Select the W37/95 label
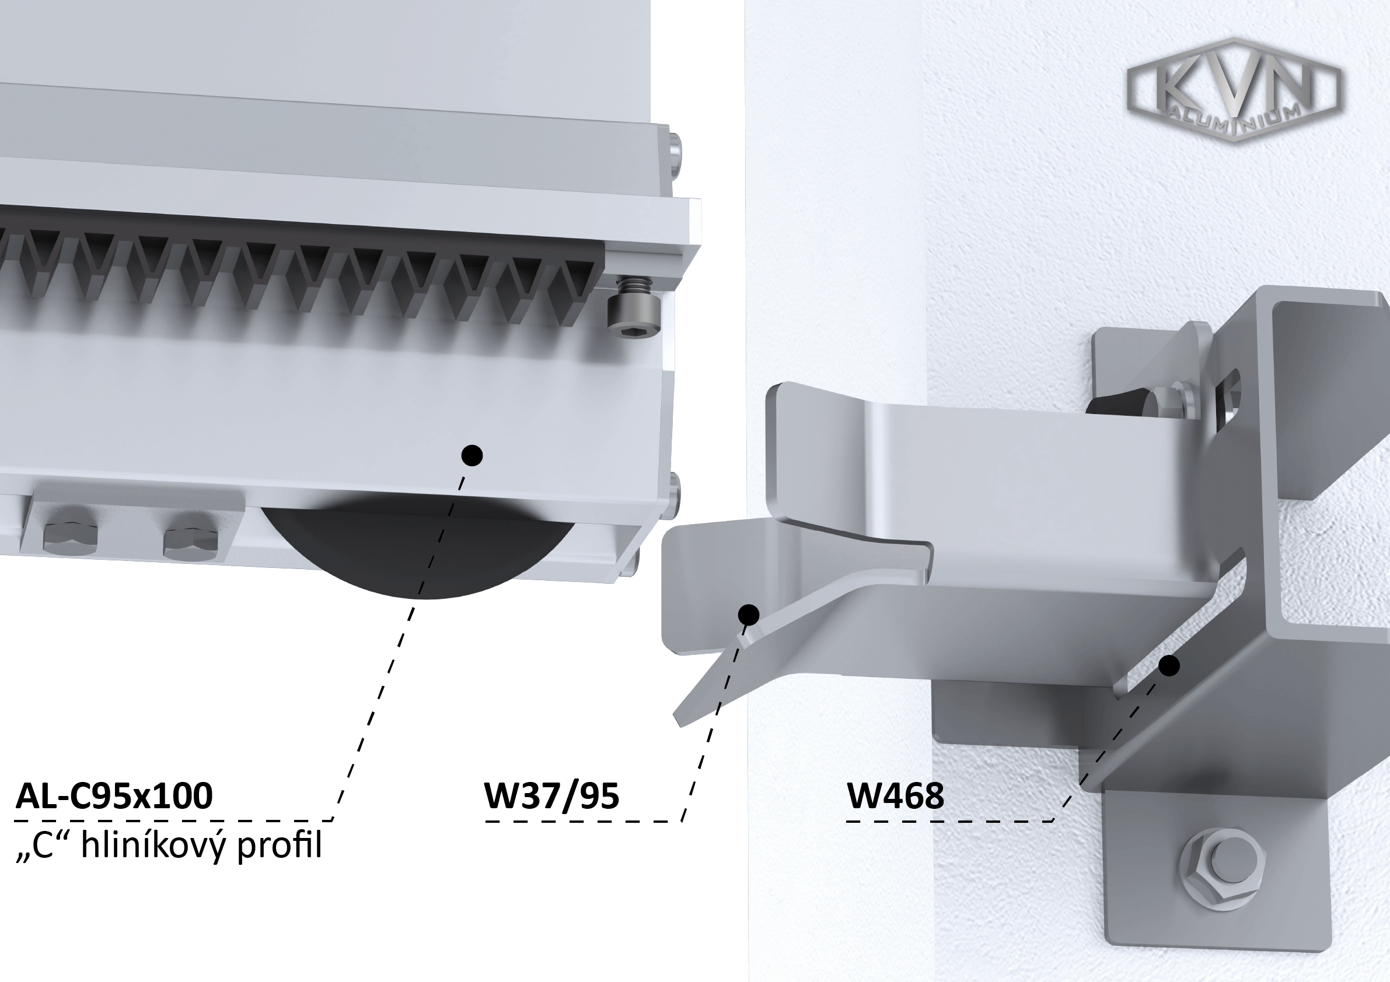click(551, 795)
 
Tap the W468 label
click(895, 795)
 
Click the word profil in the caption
click(279, 846)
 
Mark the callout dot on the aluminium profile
click(472, 455)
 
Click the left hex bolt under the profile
click(70, 537)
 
